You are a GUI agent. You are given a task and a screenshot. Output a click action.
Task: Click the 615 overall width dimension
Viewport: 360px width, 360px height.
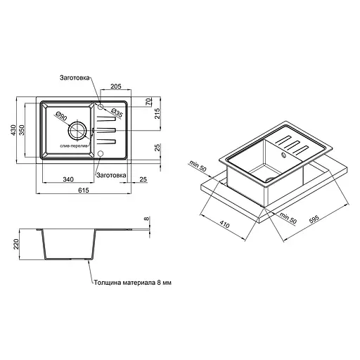click(x=82, y=189)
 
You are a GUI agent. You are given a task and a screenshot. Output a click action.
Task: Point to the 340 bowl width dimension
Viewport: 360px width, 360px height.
click(x=68, y=179)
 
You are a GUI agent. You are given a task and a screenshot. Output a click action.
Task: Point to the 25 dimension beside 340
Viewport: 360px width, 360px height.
click(x=142, y=179)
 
